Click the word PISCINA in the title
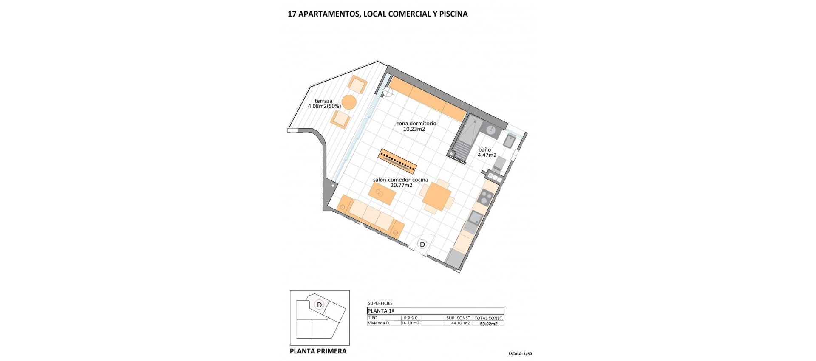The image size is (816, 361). pos(453,14)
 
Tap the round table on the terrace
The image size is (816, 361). pos(349,102)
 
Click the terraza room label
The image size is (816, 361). pos(323,101)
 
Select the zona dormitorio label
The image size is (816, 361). pos(416,124)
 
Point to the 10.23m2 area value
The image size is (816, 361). pos(414,129)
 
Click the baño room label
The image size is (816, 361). pos(484,149)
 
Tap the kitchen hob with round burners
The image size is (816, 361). pos(485,197)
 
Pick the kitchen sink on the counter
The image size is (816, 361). pos(475,218)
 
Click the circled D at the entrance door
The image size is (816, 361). pos(422,245)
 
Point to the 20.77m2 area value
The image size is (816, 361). pos(401,185)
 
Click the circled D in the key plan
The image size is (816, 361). pos(319,305)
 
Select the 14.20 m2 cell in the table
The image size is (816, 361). pos(411,323)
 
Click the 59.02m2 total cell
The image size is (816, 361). pos(489,324)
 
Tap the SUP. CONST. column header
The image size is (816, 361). pos(459,318)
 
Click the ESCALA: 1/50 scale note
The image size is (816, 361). pos(520,354)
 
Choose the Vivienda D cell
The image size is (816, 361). pos(378,323)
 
